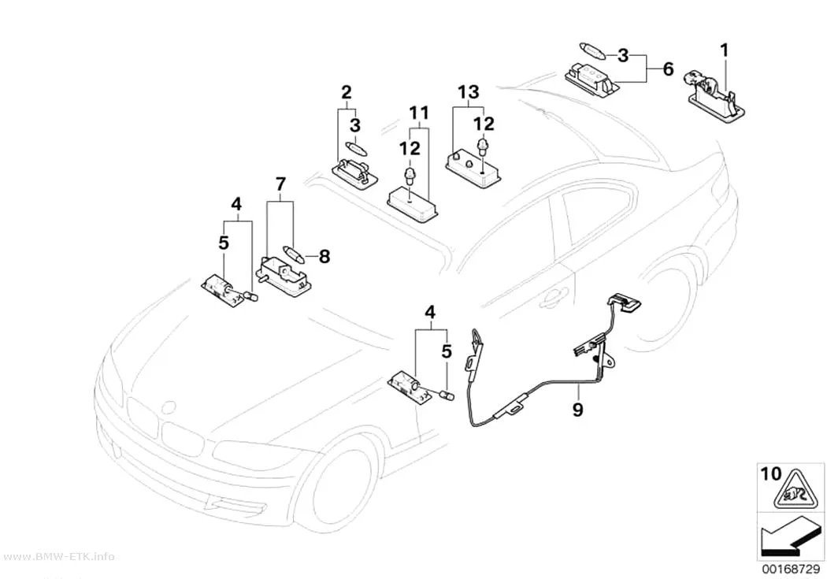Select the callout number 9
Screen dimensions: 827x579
(x=578, y=409)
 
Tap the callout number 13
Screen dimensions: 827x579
(x=468, y=91)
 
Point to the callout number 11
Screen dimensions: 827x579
(x=419, y=113)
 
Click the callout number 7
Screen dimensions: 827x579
(x=280, y=184)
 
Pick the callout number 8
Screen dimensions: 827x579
(x=324, y=257)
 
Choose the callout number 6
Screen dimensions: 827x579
(x=668, y=69)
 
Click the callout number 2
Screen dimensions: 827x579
(x=346, y=92)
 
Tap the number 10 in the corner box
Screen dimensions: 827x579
(x=771, y=473)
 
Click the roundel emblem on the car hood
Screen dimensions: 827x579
(x=169, y=408)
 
